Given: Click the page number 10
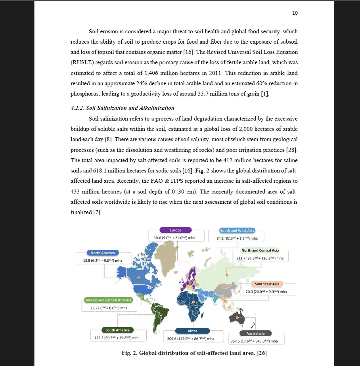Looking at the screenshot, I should point(295,13).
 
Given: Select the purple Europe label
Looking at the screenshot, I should point(176,230).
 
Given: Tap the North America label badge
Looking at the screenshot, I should point(103,253).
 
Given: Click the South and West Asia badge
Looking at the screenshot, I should point(237,230).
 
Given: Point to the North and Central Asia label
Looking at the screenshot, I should point(260,250).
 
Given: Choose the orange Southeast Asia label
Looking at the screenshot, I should point(267,284).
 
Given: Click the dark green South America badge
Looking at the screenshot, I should point(117,330).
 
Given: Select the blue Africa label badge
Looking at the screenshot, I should point(192,331).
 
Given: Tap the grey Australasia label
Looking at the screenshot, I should point(255,333).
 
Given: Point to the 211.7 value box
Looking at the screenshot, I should point(263,258).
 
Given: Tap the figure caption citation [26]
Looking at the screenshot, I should point(262,353).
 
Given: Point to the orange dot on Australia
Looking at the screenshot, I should point(237,317).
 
